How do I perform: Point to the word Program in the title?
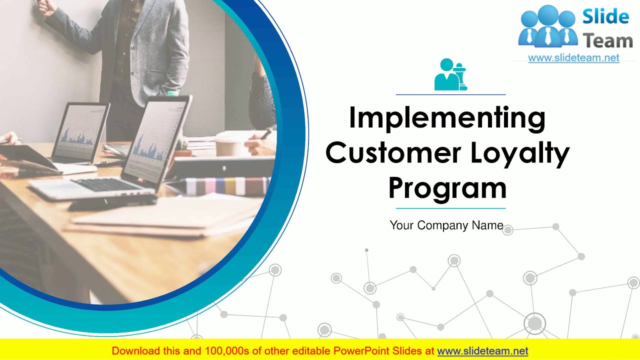[x=447, y=188]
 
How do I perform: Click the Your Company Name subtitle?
[x=446, y=225]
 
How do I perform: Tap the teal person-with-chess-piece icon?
[x=450, y=74]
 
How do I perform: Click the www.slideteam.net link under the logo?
[x=573, y=58]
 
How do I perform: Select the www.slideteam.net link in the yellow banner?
[x=482, y=351]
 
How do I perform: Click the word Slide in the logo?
[x=605, y=17]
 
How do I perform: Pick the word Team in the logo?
[x=607, y=41]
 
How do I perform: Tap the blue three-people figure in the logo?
[x=547, y=28]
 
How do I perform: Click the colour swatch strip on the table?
[x=225, y=186]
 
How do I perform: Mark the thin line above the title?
[x=450, y=94]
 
